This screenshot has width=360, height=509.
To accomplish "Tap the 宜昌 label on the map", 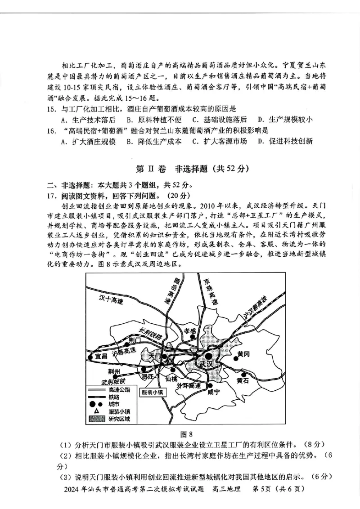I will click(x=102, y=356).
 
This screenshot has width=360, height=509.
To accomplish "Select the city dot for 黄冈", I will click(x=236, y=359).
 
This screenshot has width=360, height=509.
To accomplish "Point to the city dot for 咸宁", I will click(x=210, y=385).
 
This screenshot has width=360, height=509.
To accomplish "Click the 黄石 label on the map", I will click(x=243, y=381).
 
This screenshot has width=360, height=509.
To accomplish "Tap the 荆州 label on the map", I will click(x=114, y=371).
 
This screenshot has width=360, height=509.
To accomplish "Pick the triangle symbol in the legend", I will click(x=97, y=411).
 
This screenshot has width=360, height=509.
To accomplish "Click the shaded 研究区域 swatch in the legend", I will click(x=96, y=419).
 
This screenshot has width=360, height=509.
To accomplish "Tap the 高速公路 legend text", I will click(x=119, y=390).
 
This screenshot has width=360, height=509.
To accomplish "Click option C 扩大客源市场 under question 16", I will click(x=219, y=141).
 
